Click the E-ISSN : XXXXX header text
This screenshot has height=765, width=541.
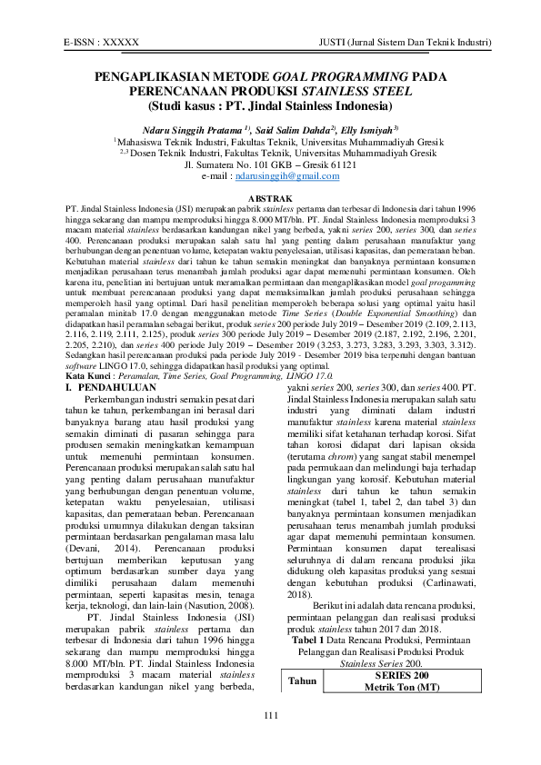tap(101, 43)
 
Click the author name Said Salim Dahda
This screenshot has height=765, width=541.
tap(297, 128)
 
